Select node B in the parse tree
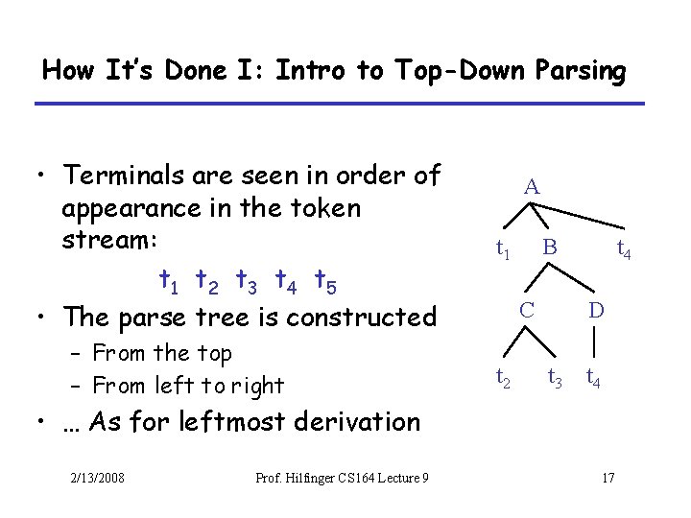coord(549,248)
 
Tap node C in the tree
coord(527,310)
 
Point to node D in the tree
coord(596,310)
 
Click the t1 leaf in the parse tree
coord(502,249)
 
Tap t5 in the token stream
coord(324,281)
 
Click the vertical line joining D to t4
coord(596,342)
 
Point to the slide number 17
coord(607,479)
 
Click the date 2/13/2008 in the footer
coord(97,479)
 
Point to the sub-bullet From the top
coord(162,353)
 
